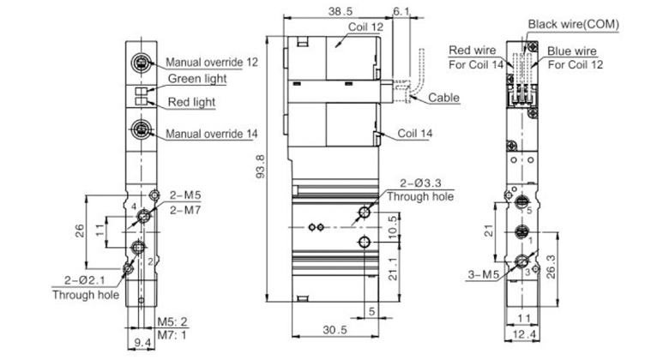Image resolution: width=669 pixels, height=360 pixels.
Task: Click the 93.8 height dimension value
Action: click(260, 166)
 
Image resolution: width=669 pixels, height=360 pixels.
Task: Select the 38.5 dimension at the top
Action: click(341, 11)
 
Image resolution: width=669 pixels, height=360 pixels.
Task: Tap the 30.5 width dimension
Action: click(334, 330)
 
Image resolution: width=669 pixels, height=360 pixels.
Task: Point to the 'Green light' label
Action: click(197, 79)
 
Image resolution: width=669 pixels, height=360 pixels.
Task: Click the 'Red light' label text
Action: click(191, 102)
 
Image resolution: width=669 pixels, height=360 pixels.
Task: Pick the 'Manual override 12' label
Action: click(212, 63)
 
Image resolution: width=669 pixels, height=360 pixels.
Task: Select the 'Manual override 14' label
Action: click(212, 134)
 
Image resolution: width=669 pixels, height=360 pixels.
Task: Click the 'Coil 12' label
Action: click(365, 27)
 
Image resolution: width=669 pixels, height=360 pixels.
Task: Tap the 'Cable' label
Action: click(443, 98)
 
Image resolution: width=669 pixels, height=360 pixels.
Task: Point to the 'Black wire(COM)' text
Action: click(574, 24)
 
